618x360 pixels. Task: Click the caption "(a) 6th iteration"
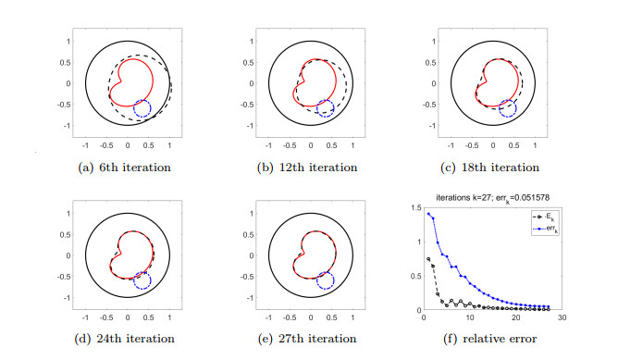pyautogui.click(x=127, y=168)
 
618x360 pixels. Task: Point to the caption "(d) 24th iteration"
pyautogui.click(x=127, y=338)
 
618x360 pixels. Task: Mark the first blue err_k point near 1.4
pyautogui.click(x=427, y=214)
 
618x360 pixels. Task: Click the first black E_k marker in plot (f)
pyautogui.click(x=427, y=259)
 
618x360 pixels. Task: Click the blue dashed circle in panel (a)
pyautogui.click(x=142, y=108)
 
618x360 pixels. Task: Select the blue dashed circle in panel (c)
pyautogui.click(x=508, y=108)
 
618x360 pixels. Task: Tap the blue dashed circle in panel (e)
pyautogui.click(x=325, y=279)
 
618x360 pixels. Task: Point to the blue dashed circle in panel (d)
pyautogui.click(x=142, y=279)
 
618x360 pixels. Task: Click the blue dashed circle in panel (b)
pyautogui.click(x=325, y=108)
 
